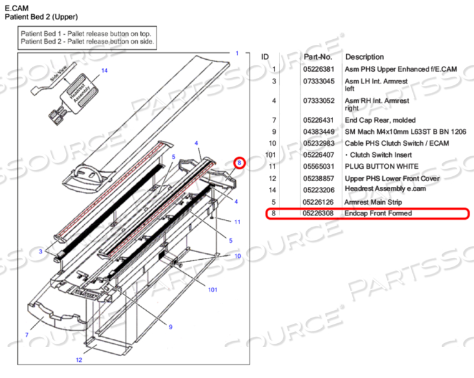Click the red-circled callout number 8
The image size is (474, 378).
pyautogui.click(x=239, y=163)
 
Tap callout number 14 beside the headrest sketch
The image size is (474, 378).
pyautogui.click(x=105, y=70)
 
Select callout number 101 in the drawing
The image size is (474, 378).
pyautogui.click(x=212, y=290)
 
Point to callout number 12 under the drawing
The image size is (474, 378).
pyautogui.click(x=79, y=360)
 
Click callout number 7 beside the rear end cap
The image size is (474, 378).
pyautogui.click(x=27, y=335)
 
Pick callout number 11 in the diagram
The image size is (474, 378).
pyautogui.click(x=237, y=221)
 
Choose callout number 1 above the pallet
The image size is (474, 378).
pyautogui.click(x=237, y=54)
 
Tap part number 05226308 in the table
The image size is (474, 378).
pyautogui.click(x=318, y=214)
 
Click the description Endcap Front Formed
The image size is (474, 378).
pyautogui.click(x=378, y=214)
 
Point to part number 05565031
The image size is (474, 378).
pyautogui.click(x=318, y=166)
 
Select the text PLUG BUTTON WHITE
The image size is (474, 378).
pyautogui.click(x=381, y=166)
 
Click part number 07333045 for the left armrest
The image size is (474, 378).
pyautogui.click(x=318, y=81)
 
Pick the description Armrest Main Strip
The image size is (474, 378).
pyautogui.click(x=373, y=202)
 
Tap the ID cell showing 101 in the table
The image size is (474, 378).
pyautogui.click(x=271, y=154)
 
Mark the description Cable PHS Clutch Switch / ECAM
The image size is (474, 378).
pyautogui.click(x=396, y=143)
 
